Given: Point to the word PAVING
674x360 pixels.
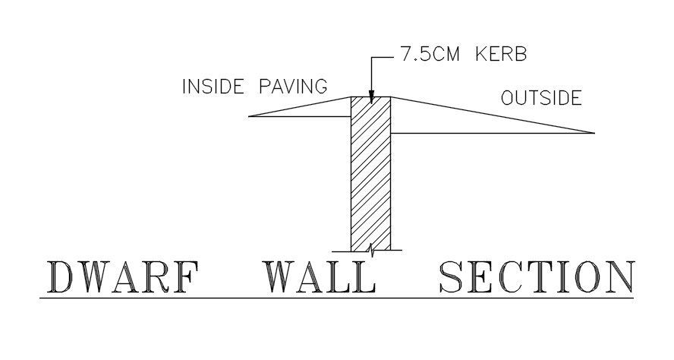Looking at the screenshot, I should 294,86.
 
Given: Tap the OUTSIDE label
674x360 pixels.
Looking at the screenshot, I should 541,98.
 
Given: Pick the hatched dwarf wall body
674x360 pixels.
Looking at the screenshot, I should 370,175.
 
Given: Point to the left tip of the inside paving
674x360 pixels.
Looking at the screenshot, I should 250,116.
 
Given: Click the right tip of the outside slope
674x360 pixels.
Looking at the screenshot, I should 594,133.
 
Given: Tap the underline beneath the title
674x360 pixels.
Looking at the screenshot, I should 337,298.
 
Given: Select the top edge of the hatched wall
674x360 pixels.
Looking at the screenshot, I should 370,97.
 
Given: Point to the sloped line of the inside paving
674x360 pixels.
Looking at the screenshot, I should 301,107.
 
